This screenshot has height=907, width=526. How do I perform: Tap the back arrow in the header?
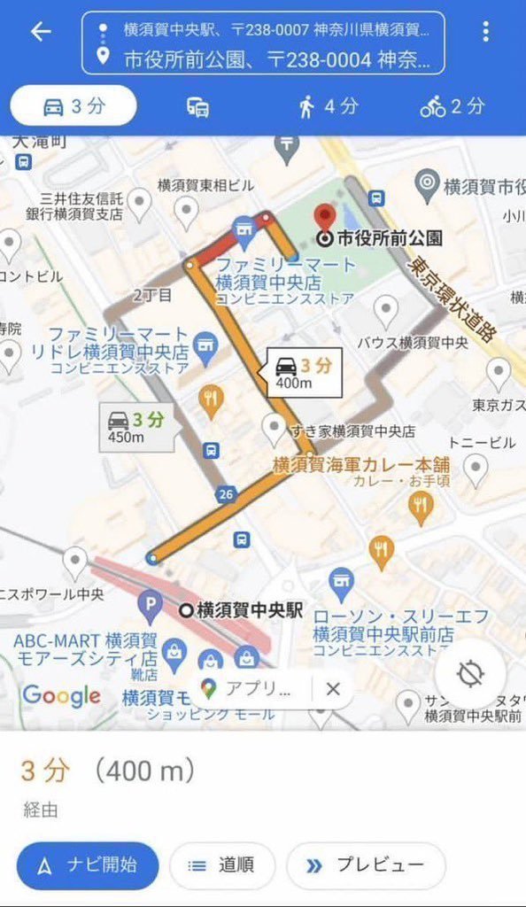click(41, 32)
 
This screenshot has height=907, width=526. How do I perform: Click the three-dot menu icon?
click(485, 32)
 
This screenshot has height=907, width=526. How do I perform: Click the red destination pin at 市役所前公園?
click(326, 216)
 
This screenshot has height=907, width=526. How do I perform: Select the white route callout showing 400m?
click(304, 373)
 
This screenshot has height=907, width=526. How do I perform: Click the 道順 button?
click(222, 865)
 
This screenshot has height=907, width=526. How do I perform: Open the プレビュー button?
click(365, 865)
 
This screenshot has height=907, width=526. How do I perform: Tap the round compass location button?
click(469, 673)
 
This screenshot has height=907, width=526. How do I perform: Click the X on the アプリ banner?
click(333, 689)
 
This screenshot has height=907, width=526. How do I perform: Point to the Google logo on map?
click(60, 696)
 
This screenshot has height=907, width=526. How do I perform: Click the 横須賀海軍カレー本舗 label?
click(360, 463)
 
